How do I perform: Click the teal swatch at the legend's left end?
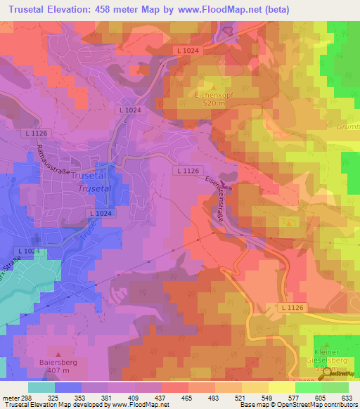point(41,387)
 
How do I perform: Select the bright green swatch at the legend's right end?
point(335,387)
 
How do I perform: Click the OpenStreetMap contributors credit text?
point(315,405)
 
